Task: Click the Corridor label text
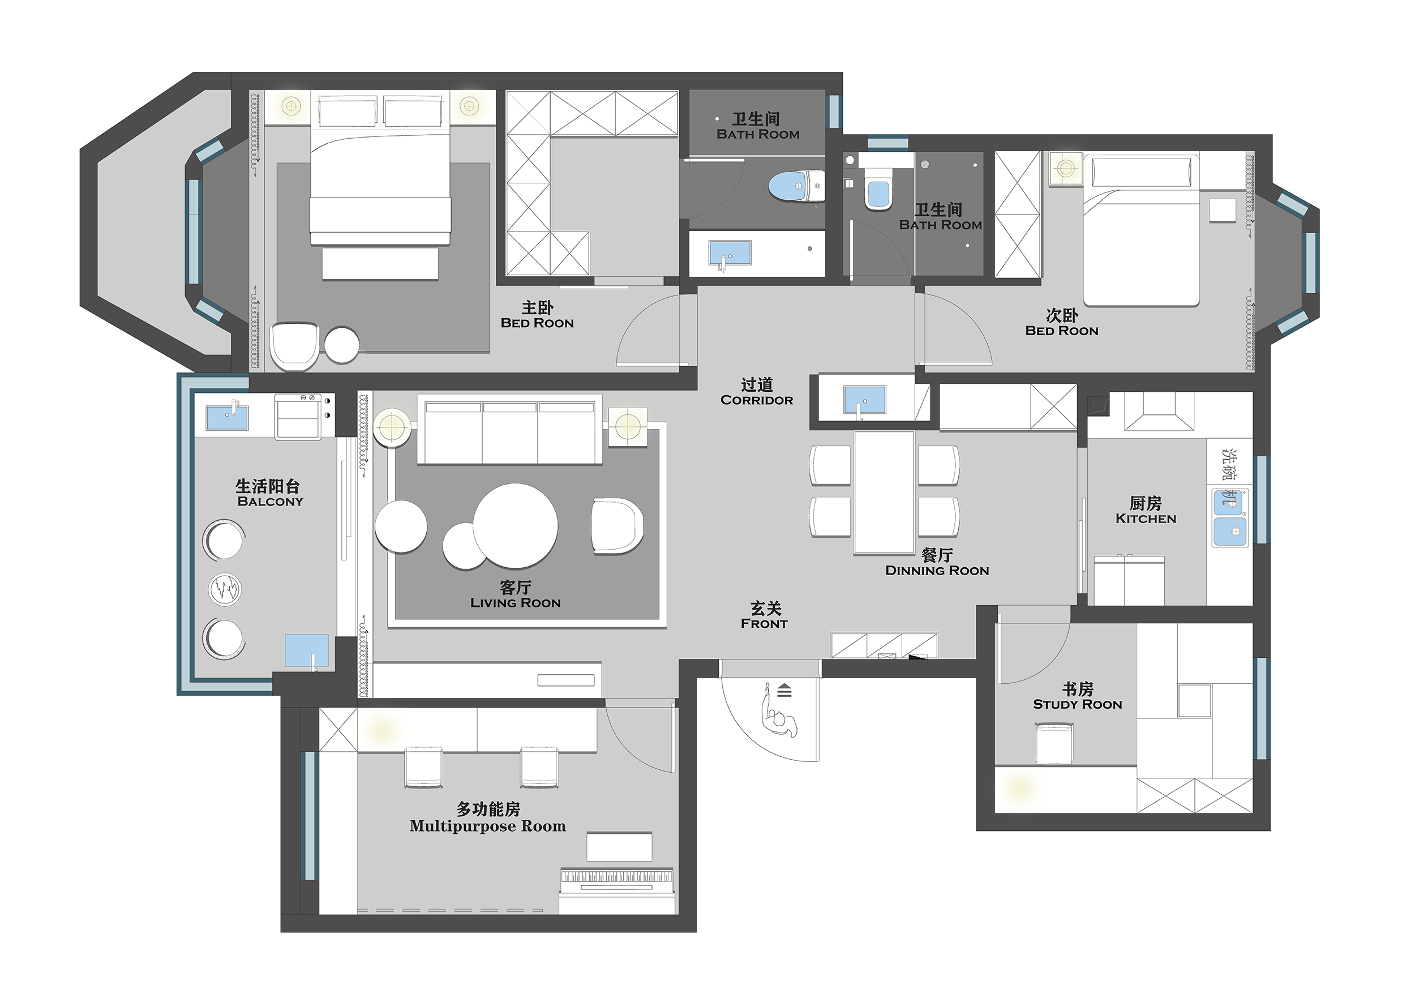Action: click(757, 400)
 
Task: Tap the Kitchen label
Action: click(1146, 519)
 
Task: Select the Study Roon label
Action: click(1077, 704)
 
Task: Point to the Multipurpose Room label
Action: click(487, 826)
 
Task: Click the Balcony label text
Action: click(270, 501)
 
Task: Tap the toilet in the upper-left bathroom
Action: click(796, 186)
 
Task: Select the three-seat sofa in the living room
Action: click(509, 429)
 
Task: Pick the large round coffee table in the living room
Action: click(515, 526)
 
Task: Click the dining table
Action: click(884, 492)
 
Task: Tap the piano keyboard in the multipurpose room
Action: click(616, 876)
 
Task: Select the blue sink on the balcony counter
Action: click(227, 417)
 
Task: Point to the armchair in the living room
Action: click(618, 526)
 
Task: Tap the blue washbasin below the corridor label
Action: click(865, 400)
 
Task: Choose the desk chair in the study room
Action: click(1054, 744)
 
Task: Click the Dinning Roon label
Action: click(937, 570)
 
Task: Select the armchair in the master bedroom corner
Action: click(294, 346)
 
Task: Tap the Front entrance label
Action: click(764, 623)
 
